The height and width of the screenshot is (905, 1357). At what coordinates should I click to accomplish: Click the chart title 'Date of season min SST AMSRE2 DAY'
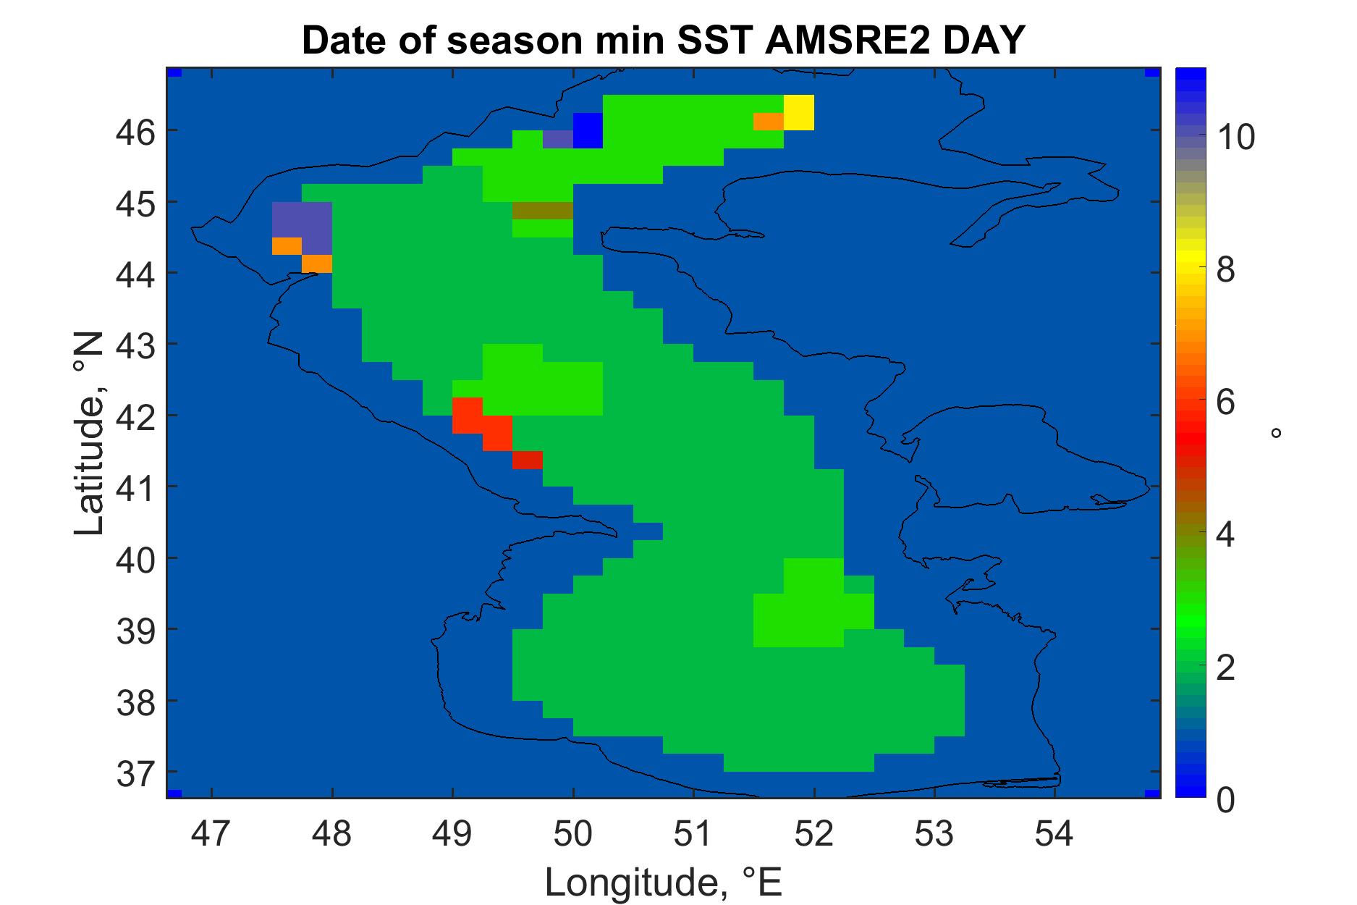[663, 41]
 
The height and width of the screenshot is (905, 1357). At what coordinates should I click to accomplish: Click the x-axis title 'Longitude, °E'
[663, 882]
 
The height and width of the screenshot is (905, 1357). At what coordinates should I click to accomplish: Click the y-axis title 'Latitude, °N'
[90, 434]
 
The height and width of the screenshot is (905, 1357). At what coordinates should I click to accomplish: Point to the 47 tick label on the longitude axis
[211, 835]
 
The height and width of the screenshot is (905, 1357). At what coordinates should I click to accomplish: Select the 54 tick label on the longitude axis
[1054, 835]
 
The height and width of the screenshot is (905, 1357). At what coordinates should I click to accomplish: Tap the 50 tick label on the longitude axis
[572, 835]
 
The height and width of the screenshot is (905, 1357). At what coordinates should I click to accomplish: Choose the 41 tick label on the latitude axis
[137, 487]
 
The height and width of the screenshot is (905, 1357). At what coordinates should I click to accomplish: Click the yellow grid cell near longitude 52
[799, 113]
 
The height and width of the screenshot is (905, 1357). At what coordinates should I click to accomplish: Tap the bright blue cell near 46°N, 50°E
[588, 130]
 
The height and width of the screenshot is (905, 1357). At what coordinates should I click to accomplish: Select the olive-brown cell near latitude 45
[543, 211]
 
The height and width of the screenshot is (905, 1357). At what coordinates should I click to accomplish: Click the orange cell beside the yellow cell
[769, 122]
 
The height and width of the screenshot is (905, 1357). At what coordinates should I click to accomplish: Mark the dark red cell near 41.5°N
[528, 460]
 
